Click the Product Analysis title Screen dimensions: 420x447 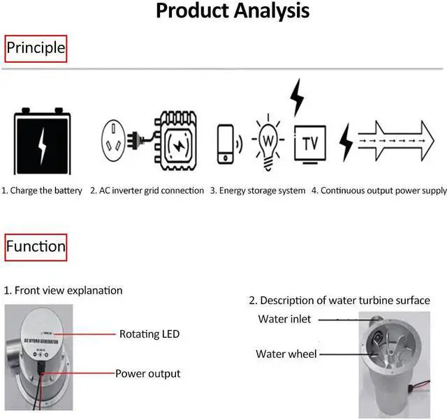coord(233,11)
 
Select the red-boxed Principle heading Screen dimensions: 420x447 coord(36,48)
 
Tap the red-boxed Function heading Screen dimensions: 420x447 coord(36,246)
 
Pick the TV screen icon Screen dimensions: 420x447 coord(309,144)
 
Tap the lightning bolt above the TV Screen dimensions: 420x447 coord(297,97)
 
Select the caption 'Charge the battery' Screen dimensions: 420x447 coord(42,190)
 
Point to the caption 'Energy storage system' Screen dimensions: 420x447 coord(258,190)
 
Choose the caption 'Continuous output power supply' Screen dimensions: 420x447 coord(379,190)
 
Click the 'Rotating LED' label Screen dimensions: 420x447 coord(149,334)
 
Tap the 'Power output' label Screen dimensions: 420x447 coord(147,374)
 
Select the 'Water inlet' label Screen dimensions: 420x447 coord(284,320)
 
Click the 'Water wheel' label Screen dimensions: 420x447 coord(286,354)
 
